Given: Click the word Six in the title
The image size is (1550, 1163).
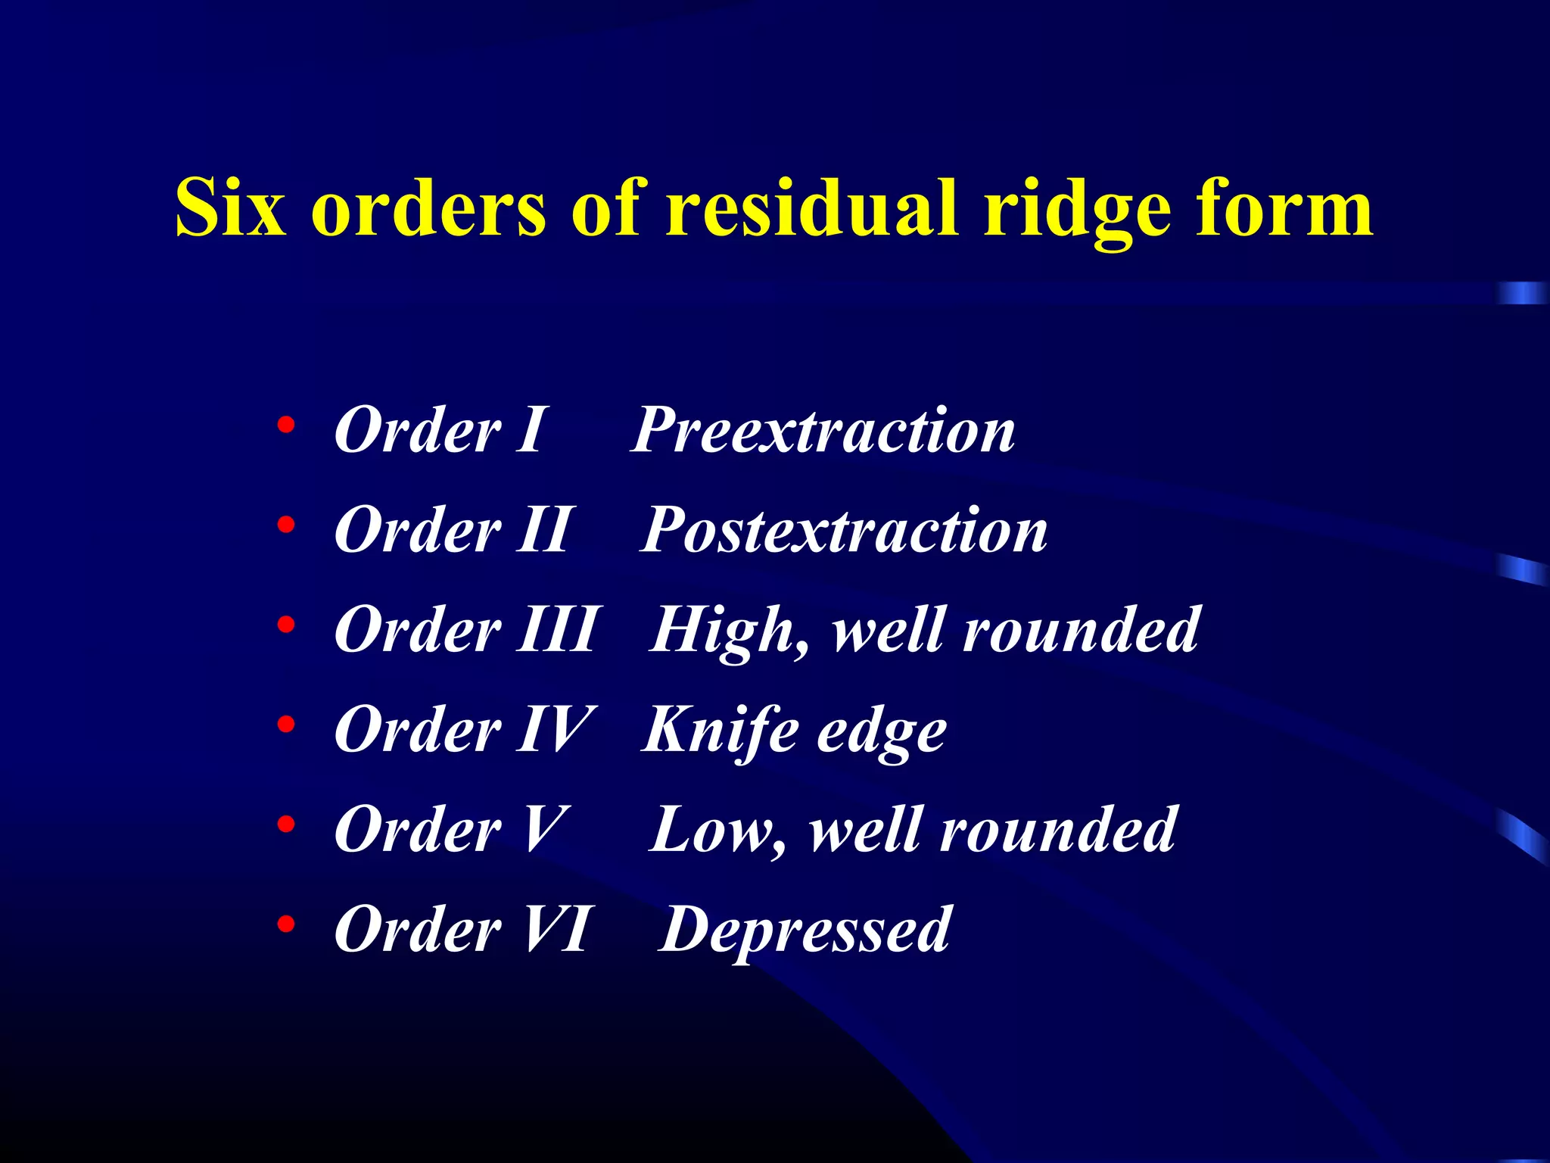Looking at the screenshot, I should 231,207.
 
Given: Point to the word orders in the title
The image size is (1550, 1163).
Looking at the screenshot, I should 428,207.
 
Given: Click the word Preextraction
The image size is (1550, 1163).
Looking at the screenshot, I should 823,430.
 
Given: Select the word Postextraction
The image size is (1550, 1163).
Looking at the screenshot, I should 844,530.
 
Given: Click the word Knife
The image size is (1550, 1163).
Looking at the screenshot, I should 720,731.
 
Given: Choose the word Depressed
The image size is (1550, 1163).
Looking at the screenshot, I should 805,931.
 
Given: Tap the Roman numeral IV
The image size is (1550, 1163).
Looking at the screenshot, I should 556,730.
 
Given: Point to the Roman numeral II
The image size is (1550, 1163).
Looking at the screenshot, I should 543,530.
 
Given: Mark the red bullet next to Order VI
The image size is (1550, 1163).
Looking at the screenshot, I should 285,924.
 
